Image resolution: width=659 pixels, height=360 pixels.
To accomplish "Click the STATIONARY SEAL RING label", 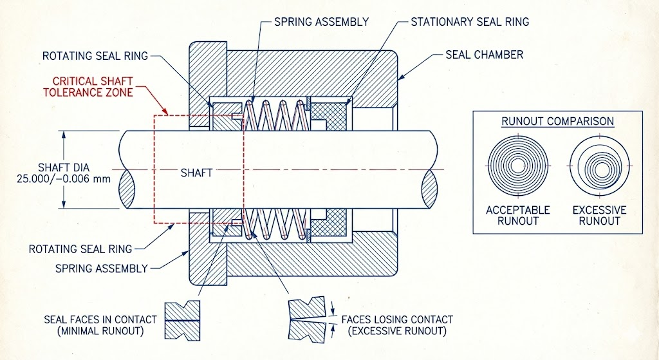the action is (x=470, y=22).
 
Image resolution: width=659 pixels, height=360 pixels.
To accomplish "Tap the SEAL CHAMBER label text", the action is (x=484, y=55).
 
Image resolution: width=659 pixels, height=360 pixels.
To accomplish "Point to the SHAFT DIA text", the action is (x=64, y=168).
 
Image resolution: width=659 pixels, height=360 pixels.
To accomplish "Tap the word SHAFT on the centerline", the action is (x=196, y=173).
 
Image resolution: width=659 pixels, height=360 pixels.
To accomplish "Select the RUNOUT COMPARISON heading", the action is (x=558, y=122).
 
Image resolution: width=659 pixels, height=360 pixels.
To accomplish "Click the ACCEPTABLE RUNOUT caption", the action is (x=518, y=215).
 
